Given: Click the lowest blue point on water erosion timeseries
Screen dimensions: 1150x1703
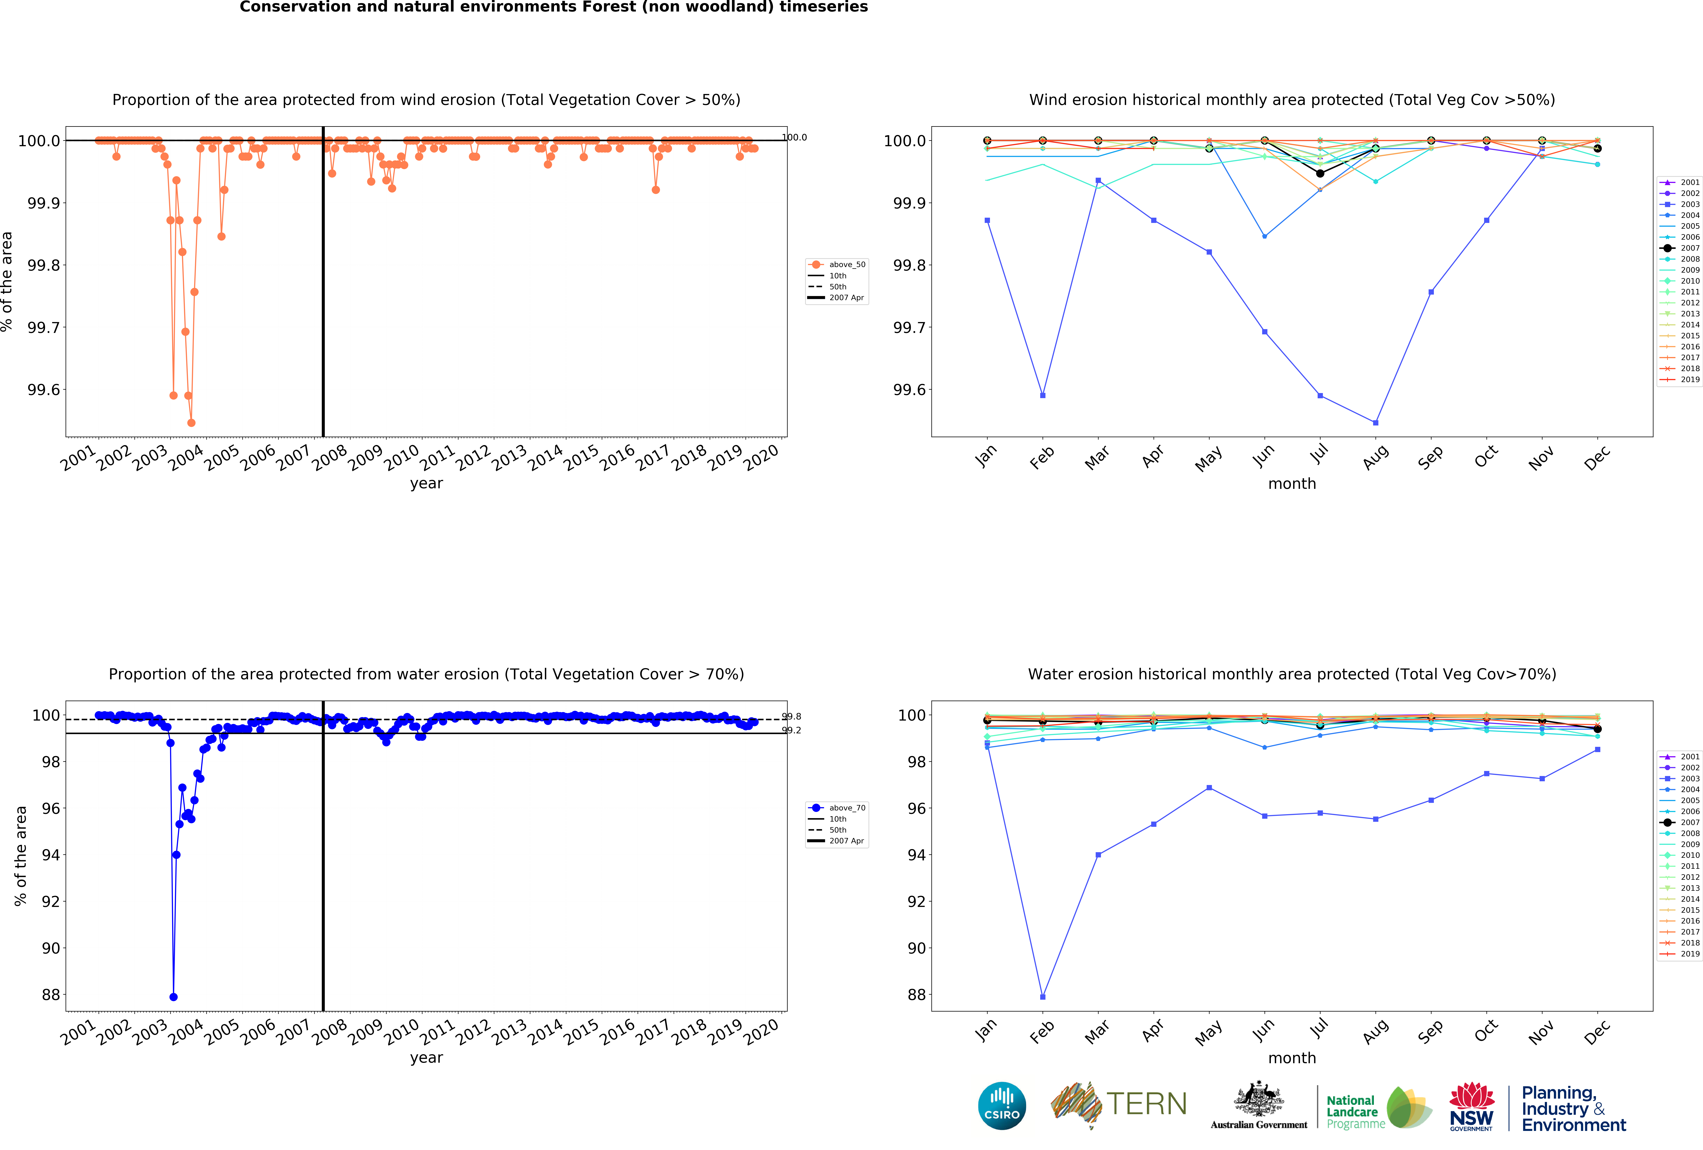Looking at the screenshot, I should pyautogui.click(x=173, y=997).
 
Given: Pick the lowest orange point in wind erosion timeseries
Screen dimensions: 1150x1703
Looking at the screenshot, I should pyautogui.click(x=191, y=423).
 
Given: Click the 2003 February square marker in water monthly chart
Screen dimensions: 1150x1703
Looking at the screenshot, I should pyautogui.click(x=1043, y=997).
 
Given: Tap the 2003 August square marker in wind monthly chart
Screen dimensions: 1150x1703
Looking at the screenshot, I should pyautogui.click(x=1375, y=423).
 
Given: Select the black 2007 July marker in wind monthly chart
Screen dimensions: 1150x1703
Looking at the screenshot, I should pyautogui.click(x=1320, y=174).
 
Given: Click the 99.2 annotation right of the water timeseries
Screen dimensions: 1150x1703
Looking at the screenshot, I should pyautogui.click(x=791, y=730).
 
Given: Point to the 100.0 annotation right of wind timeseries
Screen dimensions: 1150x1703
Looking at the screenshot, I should pyautogui.click(x=794, y=137).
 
